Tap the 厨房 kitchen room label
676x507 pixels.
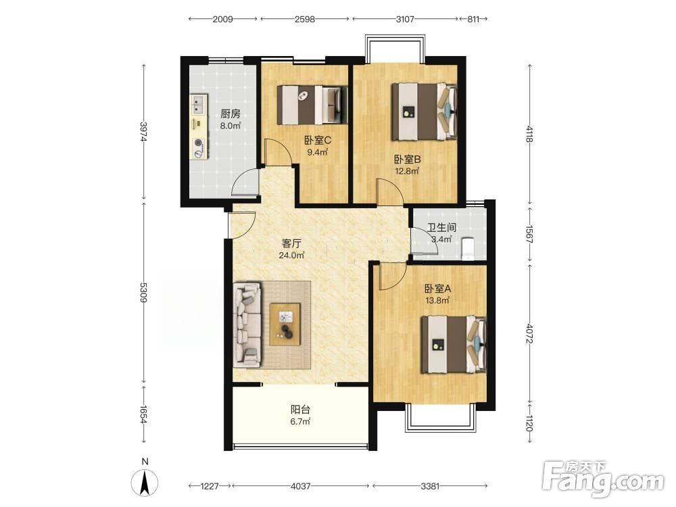[231, 114]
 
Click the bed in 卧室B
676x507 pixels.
[425, 112]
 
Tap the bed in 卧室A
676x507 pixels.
[454, 345]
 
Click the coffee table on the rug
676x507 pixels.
[285, 324]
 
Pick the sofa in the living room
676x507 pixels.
[247, 324]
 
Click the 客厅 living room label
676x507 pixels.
[291, 243]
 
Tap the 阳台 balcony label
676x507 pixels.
[300, 410]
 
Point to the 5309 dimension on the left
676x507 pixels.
[143, 292]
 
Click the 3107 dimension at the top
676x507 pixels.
[405, 19]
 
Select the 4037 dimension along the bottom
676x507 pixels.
[301, 486]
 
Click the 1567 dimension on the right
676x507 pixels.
[529, 234]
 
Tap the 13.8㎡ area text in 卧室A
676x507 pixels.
[437, 301]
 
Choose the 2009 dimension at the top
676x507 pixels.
[223, 19]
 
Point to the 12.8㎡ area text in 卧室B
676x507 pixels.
[408, 171]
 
